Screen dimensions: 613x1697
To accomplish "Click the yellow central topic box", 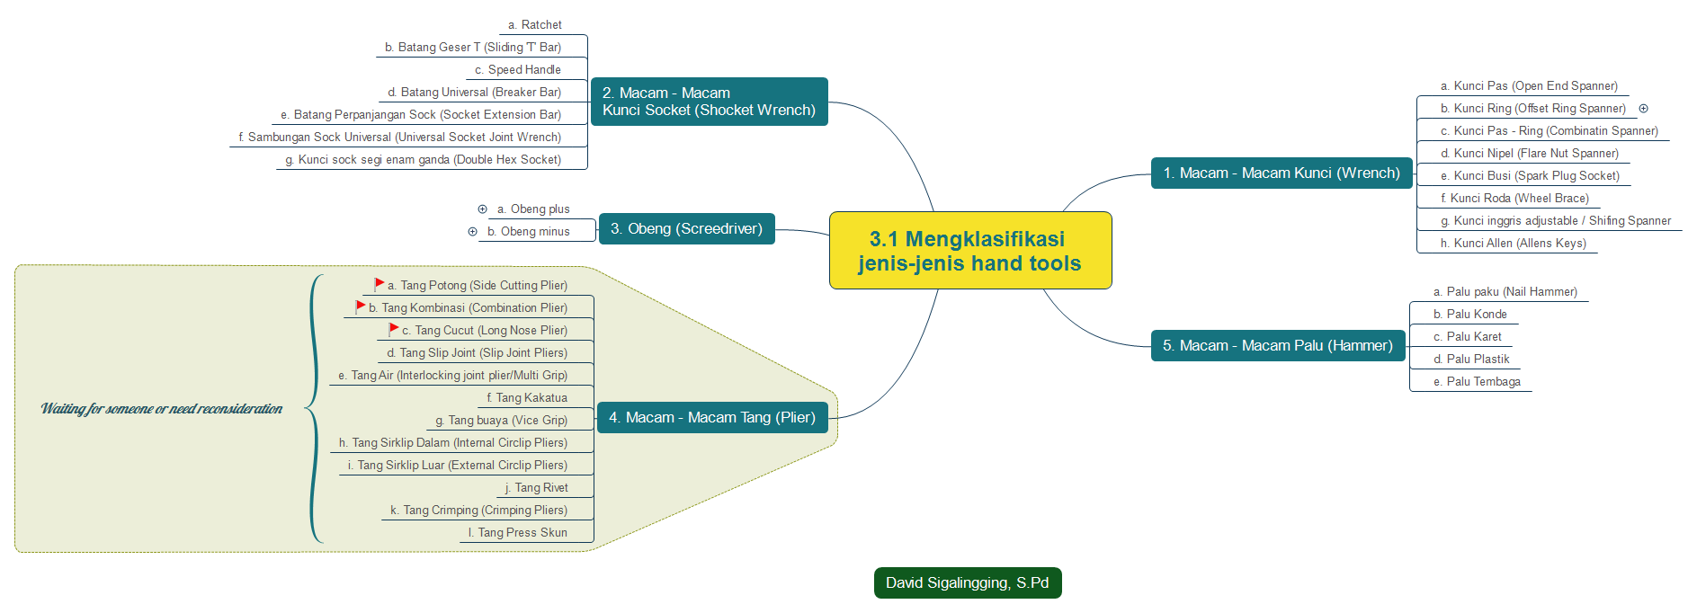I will [x=969, y=251].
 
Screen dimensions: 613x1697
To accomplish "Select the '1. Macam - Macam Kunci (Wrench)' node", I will [x=1281, y=173].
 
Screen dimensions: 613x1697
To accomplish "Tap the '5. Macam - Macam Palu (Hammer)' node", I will [x=1277, y=346].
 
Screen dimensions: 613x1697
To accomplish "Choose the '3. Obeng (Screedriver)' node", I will [x=686, y=229].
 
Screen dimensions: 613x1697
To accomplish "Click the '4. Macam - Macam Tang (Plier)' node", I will [x=711, y=418].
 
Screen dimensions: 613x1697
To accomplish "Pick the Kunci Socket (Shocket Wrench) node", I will [x=709, y=102].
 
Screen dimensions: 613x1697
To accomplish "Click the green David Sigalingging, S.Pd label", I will [x=967, y=583].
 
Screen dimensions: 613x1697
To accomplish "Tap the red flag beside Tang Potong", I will [x=380, y=284].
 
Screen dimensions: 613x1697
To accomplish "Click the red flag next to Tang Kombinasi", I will [x=361, y=306].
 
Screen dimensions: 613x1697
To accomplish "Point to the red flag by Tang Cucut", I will [x=394, y=329].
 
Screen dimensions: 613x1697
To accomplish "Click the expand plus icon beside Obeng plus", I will [x=482, y=209].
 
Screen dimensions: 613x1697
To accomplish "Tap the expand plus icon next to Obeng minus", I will [x=472, y=232].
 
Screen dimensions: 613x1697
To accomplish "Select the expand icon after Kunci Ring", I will [x=1643, y=109].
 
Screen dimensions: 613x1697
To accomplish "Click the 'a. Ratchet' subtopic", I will [x=535, y=25].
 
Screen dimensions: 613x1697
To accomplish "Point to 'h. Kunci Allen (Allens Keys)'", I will [x=1514, y=244].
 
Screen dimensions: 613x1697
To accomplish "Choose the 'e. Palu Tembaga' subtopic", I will [x=1478, y=382].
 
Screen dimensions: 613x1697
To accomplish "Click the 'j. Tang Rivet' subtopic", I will [x=537, y=488].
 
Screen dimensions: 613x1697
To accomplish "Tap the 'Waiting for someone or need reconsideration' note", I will [x=162, y=409].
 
